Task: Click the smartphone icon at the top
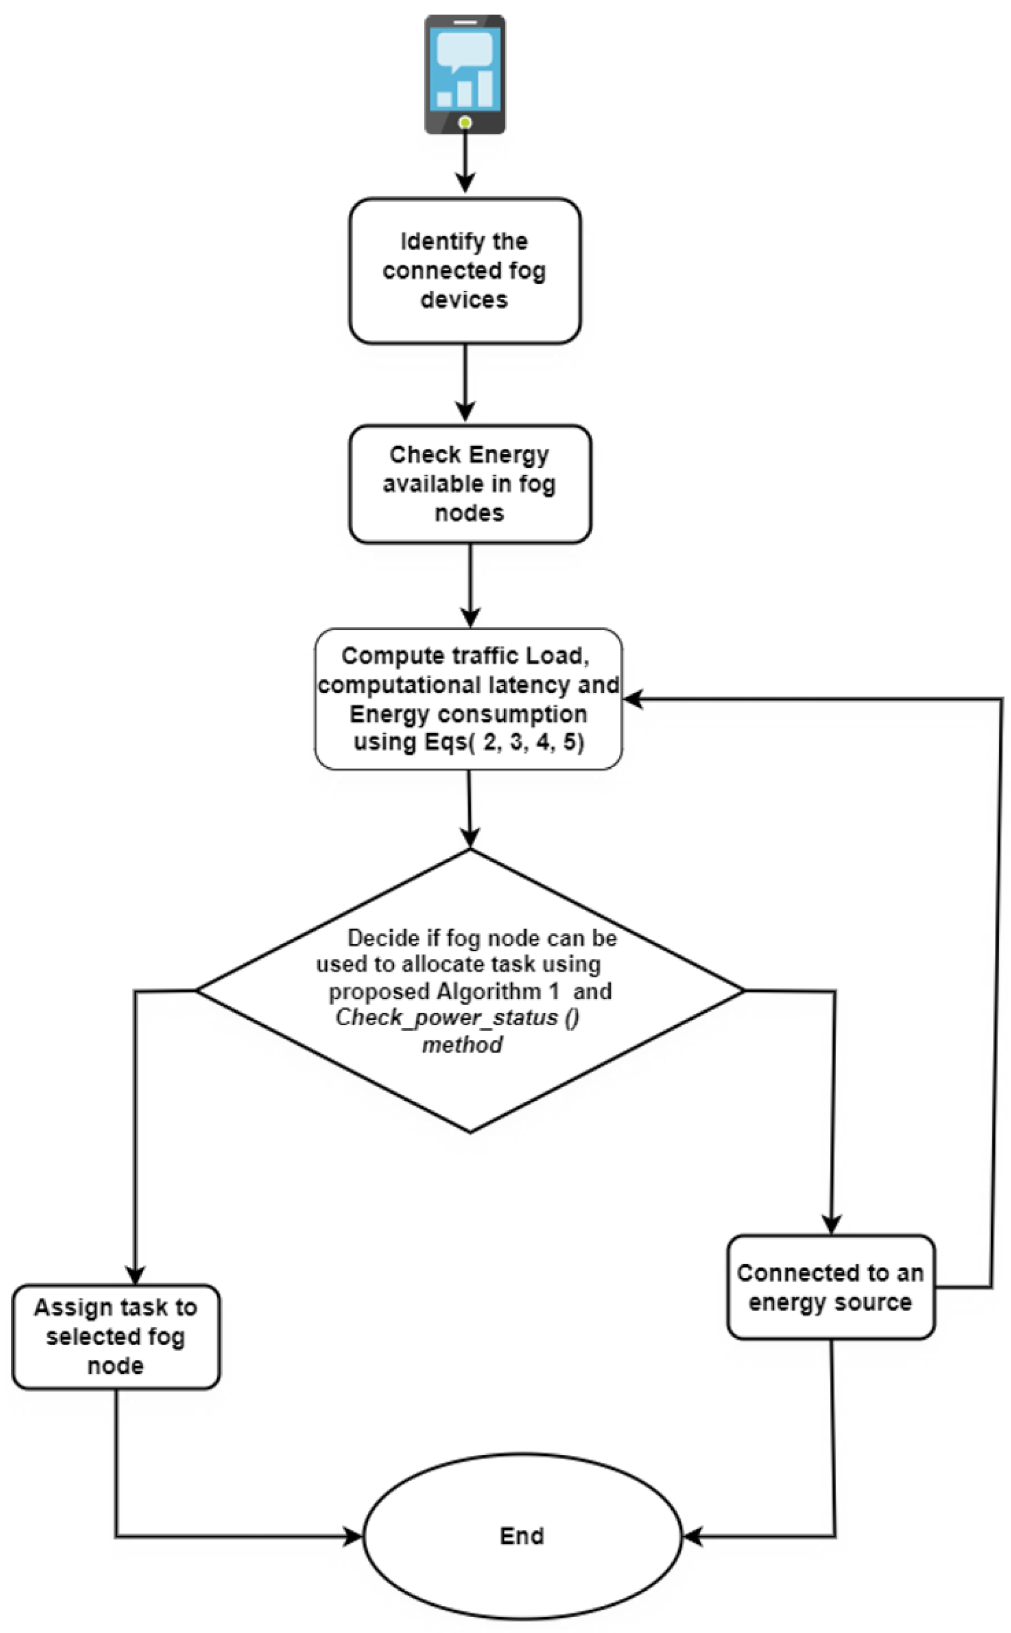(465, 73)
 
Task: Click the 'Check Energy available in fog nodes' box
(470, 483)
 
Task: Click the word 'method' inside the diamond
(462, 1044)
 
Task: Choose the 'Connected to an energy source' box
(831, 1287)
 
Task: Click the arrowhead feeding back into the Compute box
(634, 699)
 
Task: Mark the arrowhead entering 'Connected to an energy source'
(831, 1224)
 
